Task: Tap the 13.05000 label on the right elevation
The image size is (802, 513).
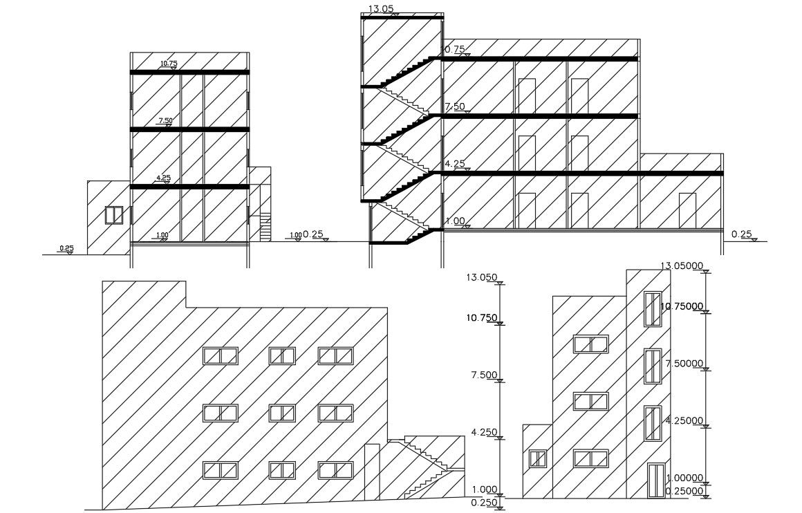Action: (x=682, y=265)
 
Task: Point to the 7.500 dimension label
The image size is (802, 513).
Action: (x=485, y=375)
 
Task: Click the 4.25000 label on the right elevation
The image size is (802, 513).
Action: (x=684, y=420)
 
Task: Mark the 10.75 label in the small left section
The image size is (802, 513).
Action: (x=169, y=64)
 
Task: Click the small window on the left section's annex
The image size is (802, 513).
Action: (x=113, y=215)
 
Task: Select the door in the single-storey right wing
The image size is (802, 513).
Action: (x=687, y=210)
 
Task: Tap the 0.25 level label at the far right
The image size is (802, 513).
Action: (x=741, y=234)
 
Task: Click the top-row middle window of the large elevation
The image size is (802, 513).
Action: (x=282, y=355)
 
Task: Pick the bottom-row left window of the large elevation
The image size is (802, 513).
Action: (x=220, y=470)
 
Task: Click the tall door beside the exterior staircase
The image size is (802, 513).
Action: (x=372, y=470)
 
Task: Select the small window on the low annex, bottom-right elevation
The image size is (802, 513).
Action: (x=537, y=459)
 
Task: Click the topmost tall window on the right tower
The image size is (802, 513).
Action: (x=652, y=309)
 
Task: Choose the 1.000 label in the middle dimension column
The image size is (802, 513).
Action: (x=485, y=489)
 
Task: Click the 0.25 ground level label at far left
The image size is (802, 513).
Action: (x=66, y=248)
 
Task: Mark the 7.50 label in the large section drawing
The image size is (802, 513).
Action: (x=454, y=106)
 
